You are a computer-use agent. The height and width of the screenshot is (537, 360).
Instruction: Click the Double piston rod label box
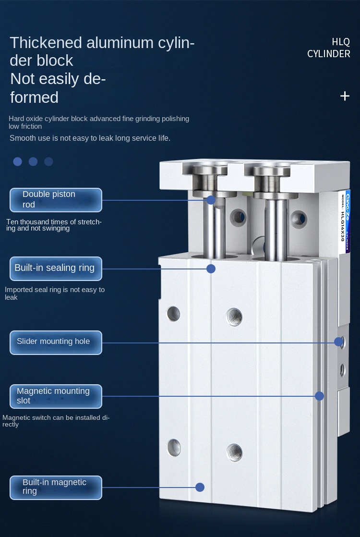coord(56,200)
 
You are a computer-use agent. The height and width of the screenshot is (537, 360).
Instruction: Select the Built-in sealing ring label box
coord(56,268)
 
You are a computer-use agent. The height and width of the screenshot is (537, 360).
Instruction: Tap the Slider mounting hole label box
coord(56,342)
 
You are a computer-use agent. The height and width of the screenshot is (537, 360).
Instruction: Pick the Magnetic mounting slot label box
coord(56,396)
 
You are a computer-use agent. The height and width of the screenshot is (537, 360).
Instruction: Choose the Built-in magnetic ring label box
coord(56,488)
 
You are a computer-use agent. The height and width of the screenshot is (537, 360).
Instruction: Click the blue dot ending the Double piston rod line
coord(211,200)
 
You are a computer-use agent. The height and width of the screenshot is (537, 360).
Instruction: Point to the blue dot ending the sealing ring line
coord(211,268)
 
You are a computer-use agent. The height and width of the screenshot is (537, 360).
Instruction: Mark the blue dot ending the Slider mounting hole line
coord(338,342)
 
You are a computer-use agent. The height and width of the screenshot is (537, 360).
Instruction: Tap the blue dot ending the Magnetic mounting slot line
coord(319,396)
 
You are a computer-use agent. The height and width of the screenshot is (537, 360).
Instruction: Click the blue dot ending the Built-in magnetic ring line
coord(200,487)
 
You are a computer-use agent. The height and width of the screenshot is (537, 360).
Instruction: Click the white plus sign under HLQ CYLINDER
coord(345,96)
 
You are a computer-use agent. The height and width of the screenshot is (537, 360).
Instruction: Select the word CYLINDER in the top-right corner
coord(328,54)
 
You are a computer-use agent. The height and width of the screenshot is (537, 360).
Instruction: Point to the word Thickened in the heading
coord(46,43)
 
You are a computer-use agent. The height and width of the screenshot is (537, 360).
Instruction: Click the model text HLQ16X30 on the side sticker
coord(343,226)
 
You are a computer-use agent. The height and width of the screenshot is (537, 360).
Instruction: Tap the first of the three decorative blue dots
coord(17,162)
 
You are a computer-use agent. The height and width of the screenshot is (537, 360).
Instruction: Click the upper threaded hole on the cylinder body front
coord(234,317)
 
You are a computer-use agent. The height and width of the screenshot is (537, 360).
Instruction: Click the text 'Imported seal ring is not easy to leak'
coord(55,293)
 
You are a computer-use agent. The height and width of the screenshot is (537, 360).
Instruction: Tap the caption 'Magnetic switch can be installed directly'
coord(56,421)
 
